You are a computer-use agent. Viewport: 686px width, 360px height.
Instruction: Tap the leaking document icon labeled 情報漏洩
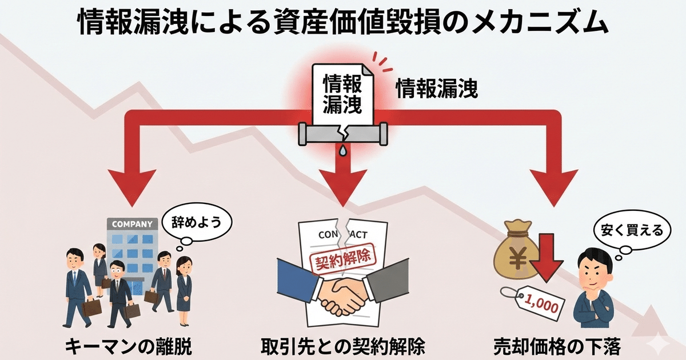point(342,91)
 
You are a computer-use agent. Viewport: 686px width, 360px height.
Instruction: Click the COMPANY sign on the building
point(131,224)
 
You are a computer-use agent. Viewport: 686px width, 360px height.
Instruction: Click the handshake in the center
point(343,294)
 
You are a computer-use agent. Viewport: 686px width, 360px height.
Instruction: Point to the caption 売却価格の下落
point(557,346)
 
